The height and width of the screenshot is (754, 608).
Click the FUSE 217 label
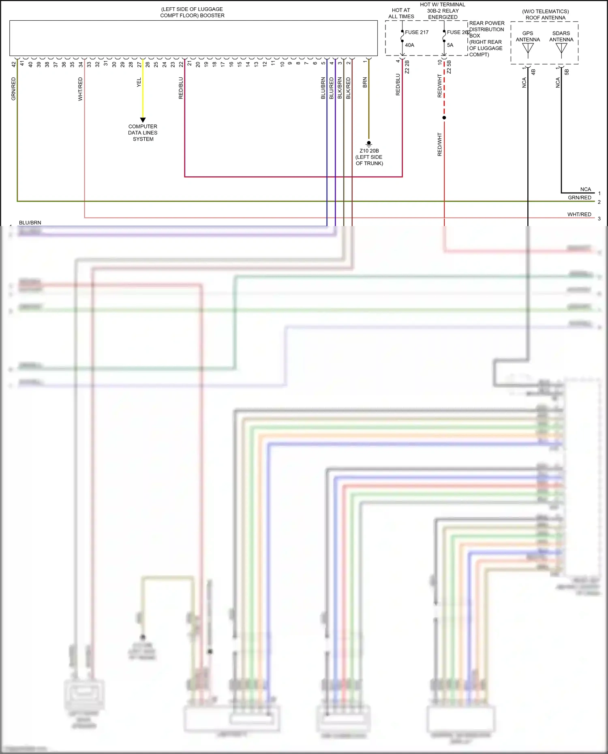tap(416, 32)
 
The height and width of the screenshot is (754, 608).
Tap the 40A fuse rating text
tap(409, 45)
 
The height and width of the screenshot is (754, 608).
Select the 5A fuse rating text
tap(450, 45)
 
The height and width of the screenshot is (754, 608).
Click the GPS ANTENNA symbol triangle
tap(528, 48)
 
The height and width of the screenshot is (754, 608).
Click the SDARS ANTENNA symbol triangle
tap(561, 48)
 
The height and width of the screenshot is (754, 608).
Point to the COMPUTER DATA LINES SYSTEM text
tap(143, 132)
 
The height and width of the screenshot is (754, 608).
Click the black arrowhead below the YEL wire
tap(143, 120)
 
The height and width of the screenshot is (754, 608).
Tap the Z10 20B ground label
tap(369, 151)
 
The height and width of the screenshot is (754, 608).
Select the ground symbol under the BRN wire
tap(368, 144)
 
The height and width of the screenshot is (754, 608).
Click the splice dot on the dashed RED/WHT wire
tap(444, 118)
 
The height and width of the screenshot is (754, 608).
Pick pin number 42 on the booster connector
tap(14, 64)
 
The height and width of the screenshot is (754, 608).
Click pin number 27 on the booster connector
tap(139, 64)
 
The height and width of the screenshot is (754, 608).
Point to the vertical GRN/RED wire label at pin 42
tap(13, 89)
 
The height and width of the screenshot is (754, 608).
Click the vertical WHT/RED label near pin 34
tap(80, 89)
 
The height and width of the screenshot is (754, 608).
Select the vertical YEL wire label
tap(139, 82)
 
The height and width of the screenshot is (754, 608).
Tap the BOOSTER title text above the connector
tap(192, 12)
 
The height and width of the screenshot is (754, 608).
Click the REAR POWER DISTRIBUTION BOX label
tap(486, 30)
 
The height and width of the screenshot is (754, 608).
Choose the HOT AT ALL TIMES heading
tap(401, 13)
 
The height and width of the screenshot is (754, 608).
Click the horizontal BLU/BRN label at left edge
tap(30, 222)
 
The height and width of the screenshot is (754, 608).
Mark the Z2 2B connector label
tap(407, 67)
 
